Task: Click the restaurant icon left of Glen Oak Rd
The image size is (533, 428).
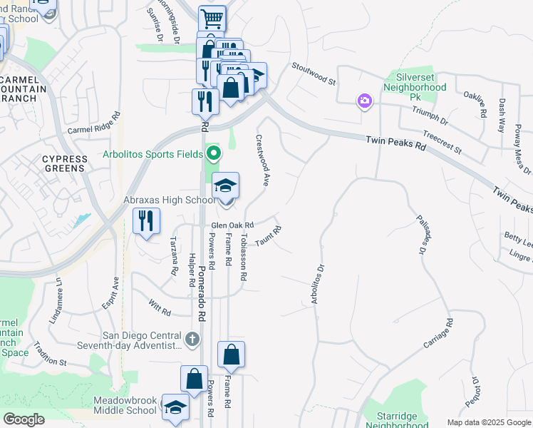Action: [147, 221]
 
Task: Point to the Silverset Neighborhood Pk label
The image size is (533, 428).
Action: [415, 82]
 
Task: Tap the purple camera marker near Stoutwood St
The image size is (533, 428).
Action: [365, 101]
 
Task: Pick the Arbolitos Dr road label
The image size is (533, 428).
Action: [317, 285]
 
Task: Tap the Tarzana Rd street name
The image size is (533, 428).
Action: [172, 257]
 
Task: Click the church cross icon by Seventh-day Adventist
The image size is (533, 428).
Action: [192, 340]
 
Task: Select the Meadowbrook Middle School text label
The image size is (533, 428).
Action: [125, 405]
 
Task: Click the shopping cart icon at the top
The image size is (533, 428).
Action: [212, 19]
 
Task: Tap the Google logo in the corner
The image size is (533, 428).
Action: [24, 419]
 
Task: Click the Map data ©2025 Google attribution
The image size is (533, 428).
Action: [489, 422]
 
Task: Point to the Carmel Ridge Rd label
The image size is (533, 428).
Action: [94, 124]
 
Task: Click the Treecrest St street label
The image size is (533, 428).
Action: [442, 141]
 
